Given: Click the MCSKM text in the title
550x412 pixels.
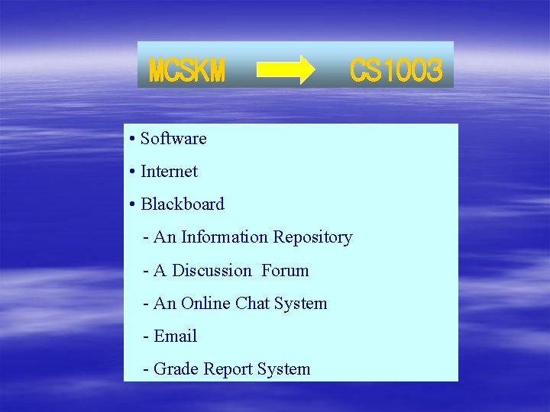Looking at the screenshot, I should pyautogui.click(x=187, y=72).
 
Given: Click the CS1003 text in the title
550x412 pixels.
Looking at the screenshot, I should pyautogui.click(x=396, y=72).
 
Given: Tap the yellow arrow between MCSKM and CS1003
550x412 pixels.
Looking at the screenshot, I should pyautogui.click(x=286, y=69).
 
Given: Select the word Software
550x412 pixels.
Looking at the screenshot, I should pyautogui.click(x=173, y=139).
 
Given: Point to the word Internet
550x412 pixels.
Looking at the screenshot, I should pyautogui.click(x=169, y=172).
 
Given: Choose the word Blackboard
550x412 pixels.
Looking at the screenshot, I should pyautogui.click(x=183, y=204).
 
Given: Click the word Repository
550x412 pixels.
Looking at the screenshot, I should pyautogui.click(x=312, y=237).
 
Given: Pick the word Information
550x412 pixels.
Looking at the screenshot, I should pyautogui.click(x=225, y=237).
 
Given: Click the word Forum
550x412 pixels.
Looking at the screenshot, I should pyautogui.click(x=285, y=271).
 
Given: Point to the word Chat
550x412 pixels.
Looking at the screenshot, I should pyautogui.click(x=252, y=304).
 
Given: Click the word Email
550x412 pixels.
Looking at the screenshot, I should pyautogui.click(x=176, y=336).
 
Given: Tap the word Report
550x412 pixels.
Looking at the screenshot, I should pyautogui.click(x=226, y=369).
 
